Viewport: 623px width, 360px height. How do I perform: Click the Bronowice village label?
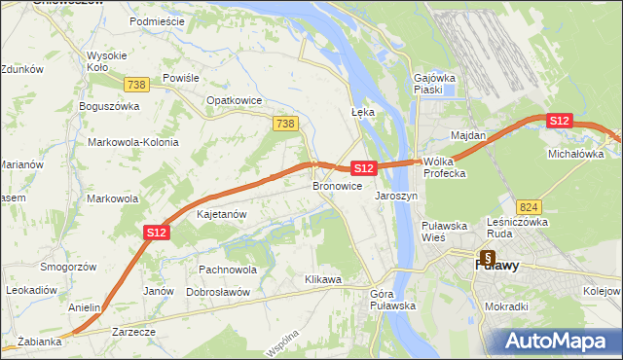click(338, 185)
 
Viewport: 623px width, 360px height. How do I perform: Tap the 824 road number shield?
click(530, 207)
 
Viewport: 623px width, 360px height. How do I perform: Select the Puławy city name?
click(496, 264)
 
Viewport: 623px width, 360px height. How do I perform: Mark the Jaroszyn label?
click(396, 196)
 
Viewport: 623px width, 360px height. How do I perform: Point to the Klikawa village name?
click(323, 280)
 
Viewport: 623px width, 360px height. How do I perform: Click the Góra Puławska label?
click(393, 300)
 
